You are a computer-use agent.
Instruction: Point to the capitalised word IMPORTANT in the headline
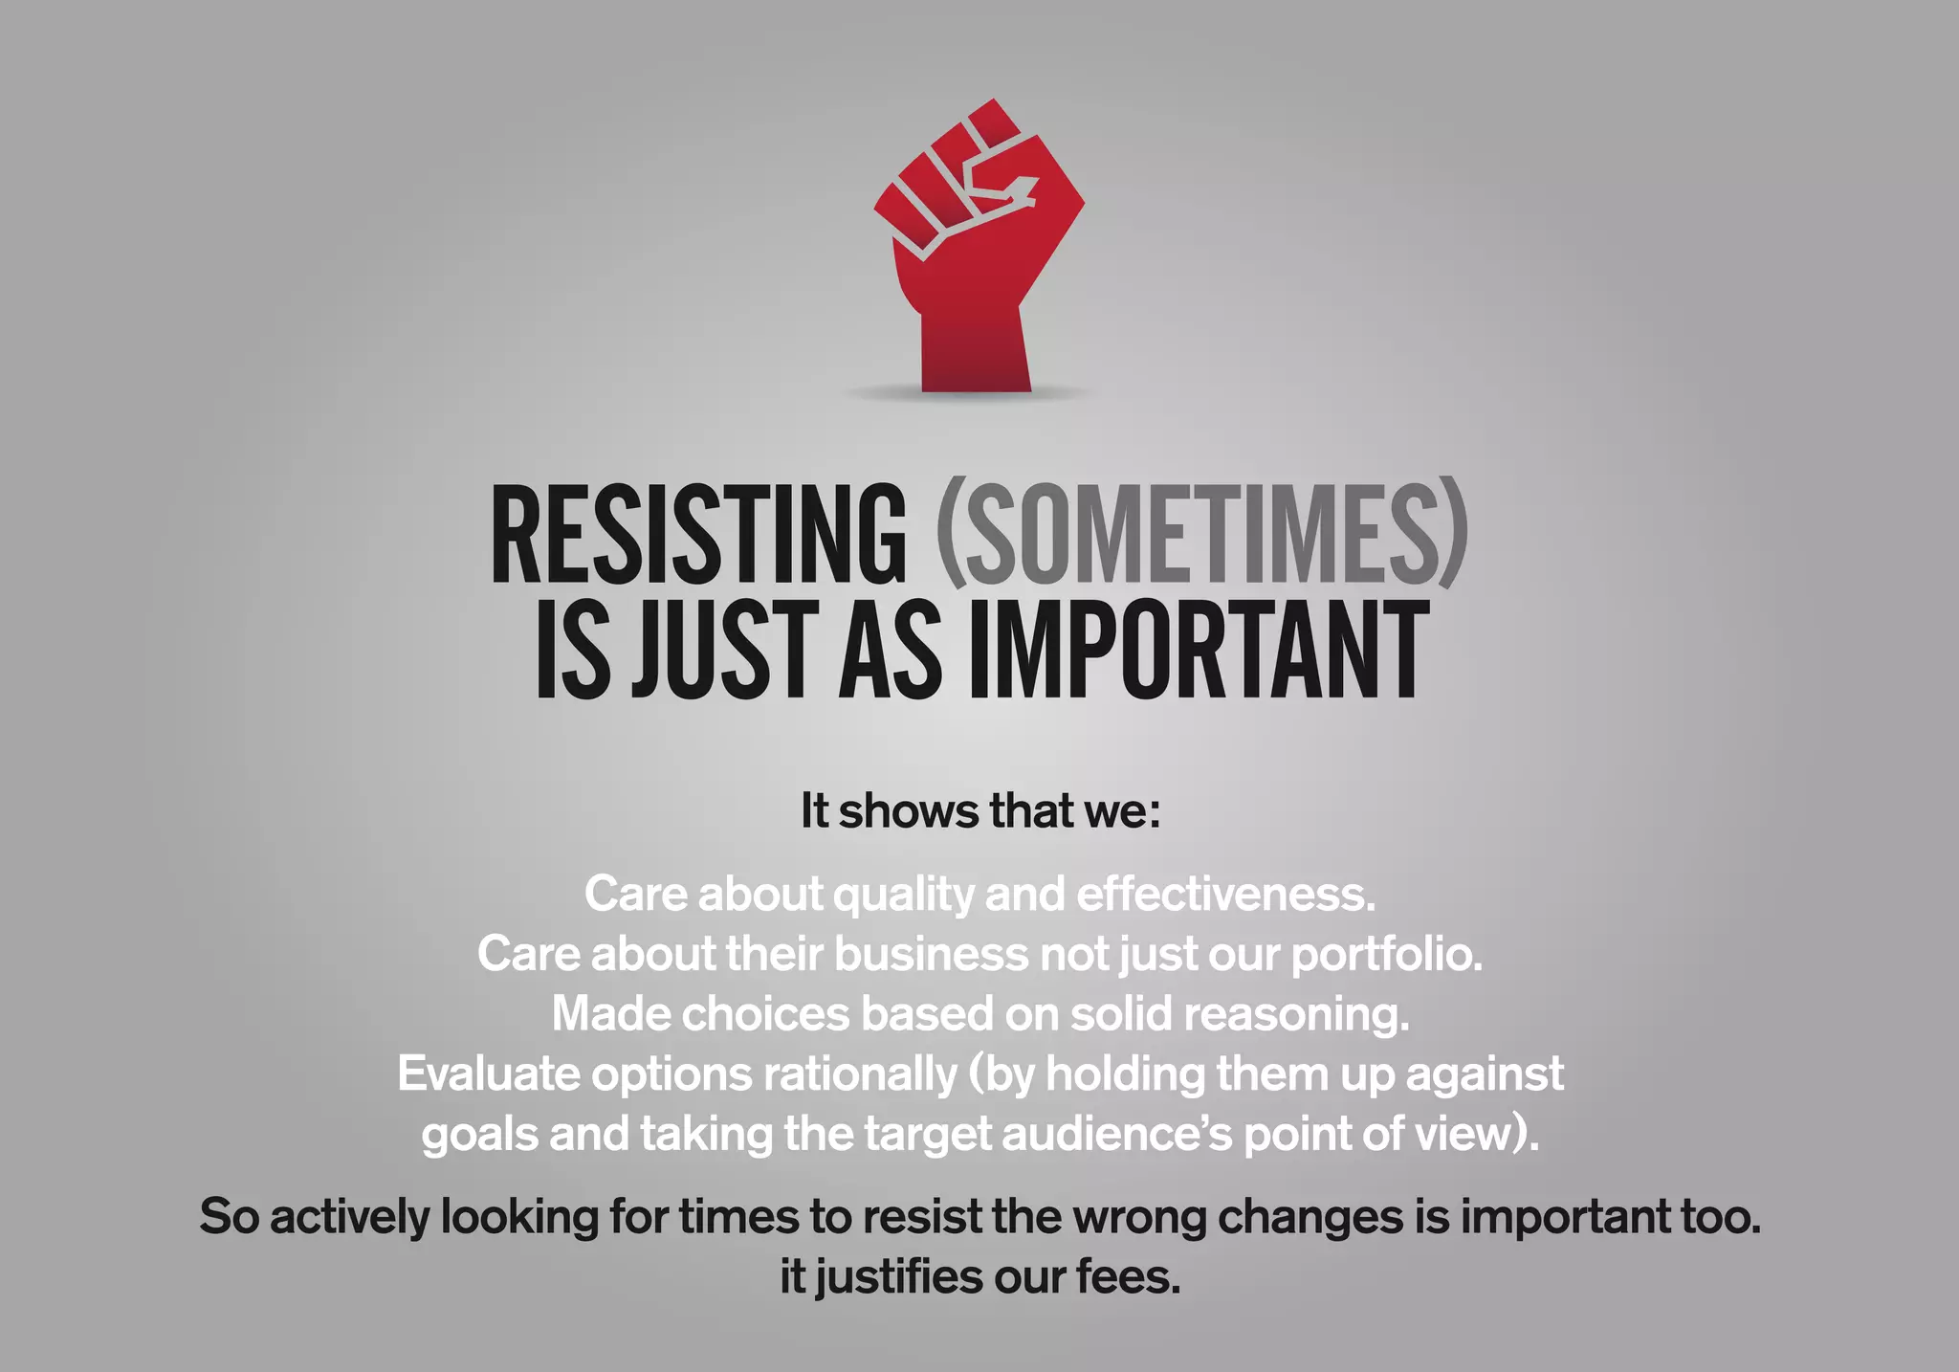1200,651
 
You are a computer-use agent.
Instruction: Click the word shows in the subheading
909,811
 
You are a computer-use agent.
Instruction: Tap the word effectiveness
1226,895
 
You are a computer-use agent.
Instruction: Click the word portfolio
1387,955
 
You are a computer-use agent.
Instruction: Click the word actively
349,1218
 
